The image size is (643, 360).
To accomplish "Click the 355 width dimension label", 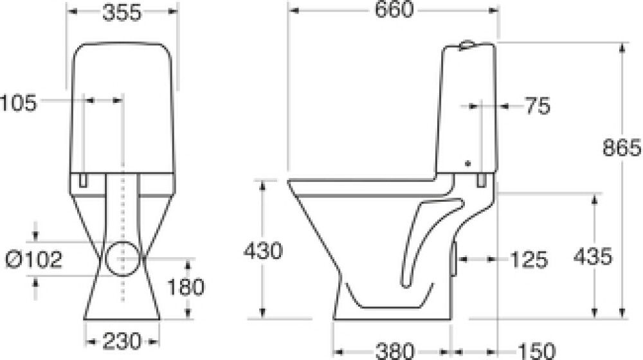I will coord(122,14).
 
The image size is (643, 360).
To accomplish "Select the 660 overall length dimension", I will coord(393,11).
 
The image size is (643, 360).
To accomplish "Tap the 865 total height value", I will coord(622,148).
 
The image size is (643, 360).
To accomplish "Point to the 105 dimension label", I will coord(19,101).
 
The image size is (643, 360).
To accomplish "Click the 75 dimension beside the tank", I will coord(537,106).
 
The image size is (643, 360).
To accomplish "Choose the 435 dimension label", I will coord(592,257).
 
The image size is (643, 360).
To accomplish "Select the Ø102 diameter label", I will coord(34,259).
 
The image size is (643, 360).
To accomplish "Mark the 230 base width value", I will coord(122,339).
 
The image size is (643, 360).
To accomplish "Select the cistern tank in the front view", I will coord(122,109).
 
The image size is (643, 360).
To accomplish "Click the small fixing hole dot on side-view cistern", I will coord(467,163).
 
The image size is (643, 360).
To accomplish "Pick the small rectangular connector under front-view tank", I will coord(82,180).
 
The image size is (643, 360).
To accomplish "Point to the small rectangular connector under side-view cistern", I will coord(481,181).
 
